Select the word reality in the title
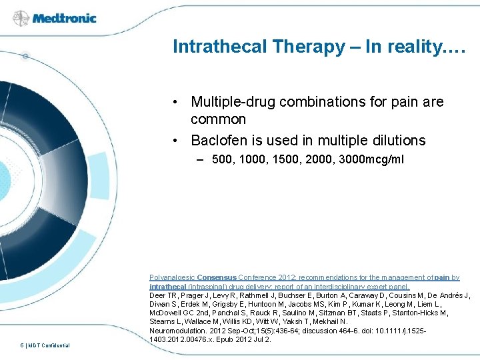[x=413, y=47]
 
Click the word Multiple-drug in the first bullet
[x=233, y=102]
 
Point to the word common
[x=218, y=119]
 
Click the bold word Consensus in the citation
[x=220, y=277]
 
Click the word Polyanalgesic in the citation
[x=172, y=277]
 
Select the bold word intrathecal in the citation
[x=167, y=286]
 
